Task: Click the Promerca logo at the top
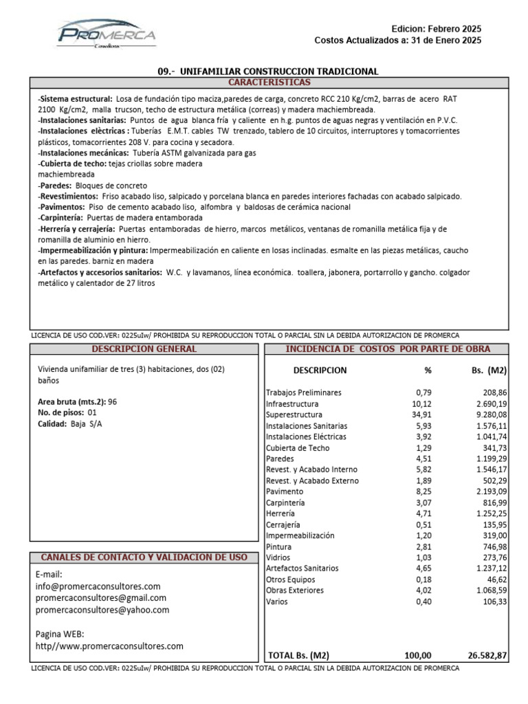(x=107, y=34)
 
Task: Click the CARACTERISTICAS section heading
(x=269, y=82)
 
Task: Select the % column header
(x=428, y=371)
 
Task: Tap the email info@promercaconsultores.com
(x=98, y=586)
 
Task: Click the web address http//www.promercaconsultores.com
(x=109, y=646)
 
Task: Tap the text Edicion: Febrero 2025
(x=436, y=29)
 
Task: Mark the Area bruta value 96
(x=113, y=401)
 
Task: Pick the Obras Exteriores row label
(x=295, y=591)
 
